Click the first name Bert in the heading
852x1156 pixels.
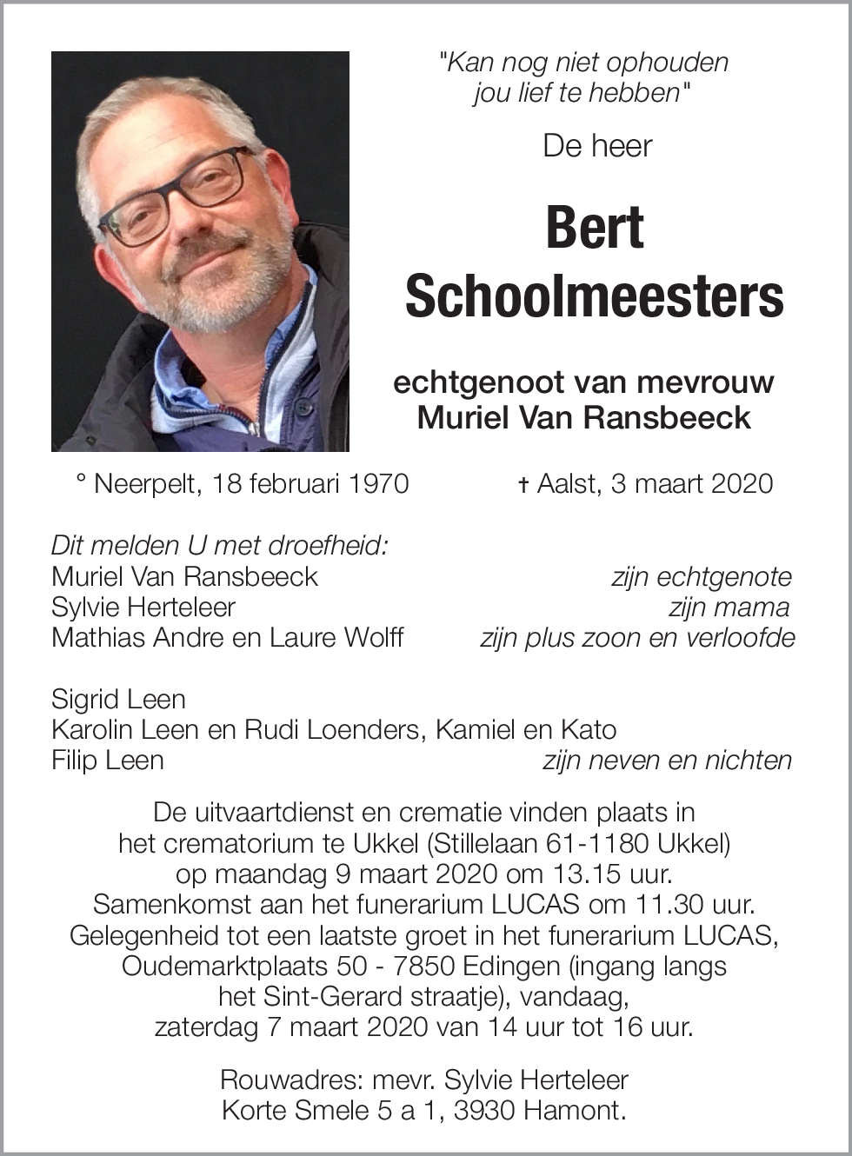[595, 228]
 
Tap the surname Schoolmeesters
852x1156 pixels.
[595, 296]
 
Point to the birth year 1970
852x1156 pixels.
[378, 484]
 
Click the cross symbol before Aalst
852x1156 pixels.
[523, 485]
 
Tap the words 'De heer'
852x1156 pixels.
[597, 146]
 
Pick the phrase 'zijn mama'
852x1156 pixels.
[729, 608]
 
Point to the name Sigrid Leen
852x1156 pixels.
[118, 699]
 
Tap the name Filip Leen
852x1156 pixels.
[108, 761]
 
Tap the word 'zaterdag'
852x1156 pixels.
[206, 1026]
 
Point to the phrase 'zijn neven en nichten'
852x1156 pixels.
[667, 761]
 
